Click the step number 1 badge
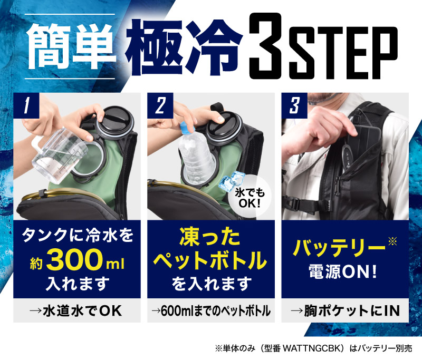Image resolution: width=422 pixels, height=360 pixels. click(x=26, y=105)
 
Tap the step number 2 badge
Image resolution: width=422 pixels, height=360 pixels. click(x=160, y=105)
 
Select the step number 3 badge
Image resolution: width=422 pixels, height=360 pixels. click(x=294, y=105)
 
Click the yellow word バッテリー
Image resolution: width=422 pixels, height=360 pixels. click(x=339, y=247)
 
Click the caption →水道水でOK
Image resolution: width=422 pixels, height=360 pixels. click(x=75, y=311)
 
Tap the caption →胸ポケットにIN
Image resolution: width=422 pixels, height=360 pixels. click(x=346, y=311)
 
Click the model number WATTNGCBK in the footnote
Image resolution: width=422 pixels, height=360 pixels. click(x=313, y=349)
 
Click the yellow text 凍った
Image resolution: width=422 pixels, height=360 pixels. click(x=210, y=237)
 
